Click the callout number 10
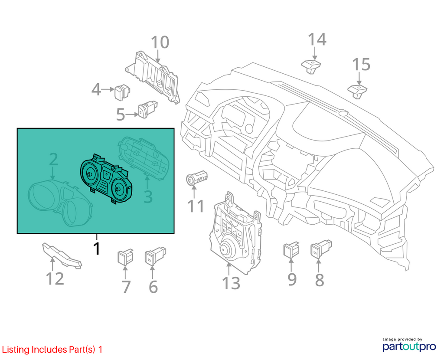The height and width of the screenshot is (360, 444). pos(160,42)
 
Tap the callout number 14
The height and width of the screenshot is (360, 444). pos(317,39)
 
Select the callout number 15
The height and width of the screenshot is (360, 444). pos(361,64)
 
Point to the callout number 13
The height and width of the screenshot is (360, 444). pos(231,283)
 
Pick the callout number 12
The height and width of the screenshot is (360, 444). pos(55,278)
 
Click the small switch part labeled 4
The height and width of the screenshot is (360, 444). pos(122,92)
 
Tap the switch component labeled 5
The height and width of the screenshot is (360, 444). pos(147,109)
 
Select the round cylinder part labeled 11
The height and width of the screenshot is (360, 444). pos(197,178)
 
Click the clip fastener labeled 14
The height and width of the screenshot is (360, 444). pos(311,67)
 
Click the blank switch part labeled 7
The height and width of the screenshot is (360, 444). pos(125,256)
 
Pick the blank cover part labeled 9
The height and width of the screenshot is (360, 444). pos(291,249)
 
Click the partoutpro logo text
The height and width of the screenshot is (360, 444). pos(409,347)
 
